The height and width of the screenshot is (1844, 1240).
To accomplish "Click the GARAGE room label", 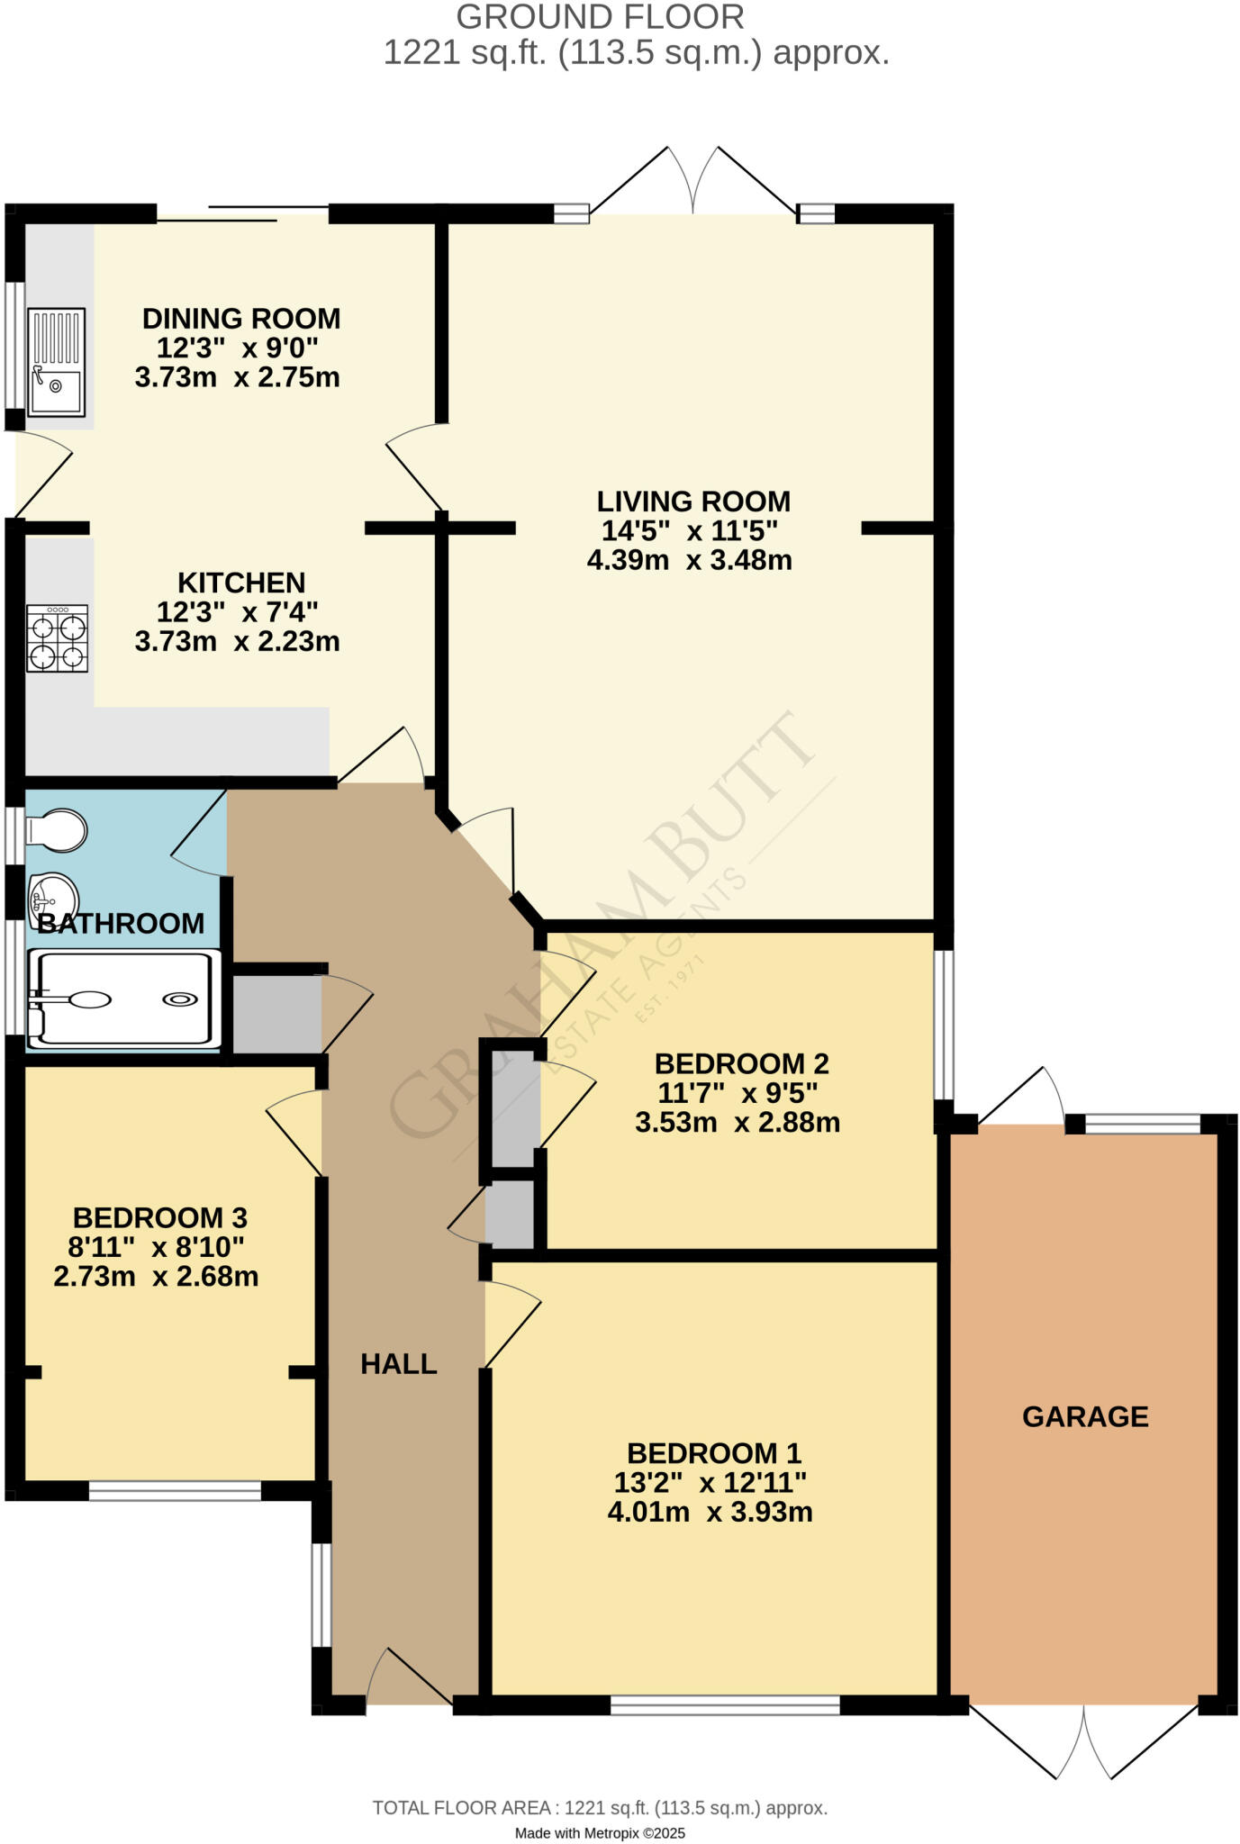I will click(x=1085, y=1416).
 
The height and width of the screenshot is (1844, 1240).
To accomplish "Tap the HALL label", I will click(x=399, y=1364).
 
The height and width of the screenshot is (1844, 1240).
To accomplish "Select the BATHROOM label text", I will click(x=121, y=923).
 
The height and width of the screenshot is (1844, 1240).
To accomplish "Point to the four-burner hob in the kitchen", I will click(x=58, y=638).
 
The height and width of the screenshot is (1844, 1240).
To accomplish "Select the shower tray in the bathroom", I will click(x=124, y=999).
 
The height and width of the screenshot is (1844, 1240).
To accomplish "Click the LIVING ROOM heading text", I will click(x=693, y=502).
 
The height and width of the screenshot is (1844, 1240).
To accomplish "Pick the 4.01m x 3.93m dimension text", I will click(x=710, y=1512).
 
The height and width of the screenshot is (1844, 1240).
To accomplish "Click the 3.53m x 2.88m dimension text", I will click(x=738, y=1123).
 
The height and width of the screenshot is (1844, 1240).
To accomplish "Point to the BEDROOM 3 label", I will click(x=159, y=1218).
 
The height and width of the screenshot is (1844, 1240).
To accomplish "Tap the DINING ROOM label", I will click(x=241, y=319).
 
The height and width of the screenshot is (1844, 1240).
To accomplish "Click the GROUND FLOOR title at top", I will click(x=600, y=17).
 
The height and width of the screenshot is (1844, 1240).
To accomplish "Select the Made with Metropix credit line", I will click(x=600, y=1833).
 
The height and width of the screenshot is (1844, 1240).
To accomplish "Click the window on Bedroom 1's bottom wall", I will click(x=725, y=1704).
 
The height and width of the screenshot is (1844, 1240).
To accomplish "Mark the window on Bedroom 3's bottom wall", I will click(x=175, y=1491).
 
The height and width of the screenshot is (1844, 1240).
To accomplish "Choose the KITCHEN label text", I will click(x=241, y=583).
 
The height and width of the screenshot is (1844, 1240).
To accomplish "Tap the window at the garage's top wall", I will click(x=1143, y=1124).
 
